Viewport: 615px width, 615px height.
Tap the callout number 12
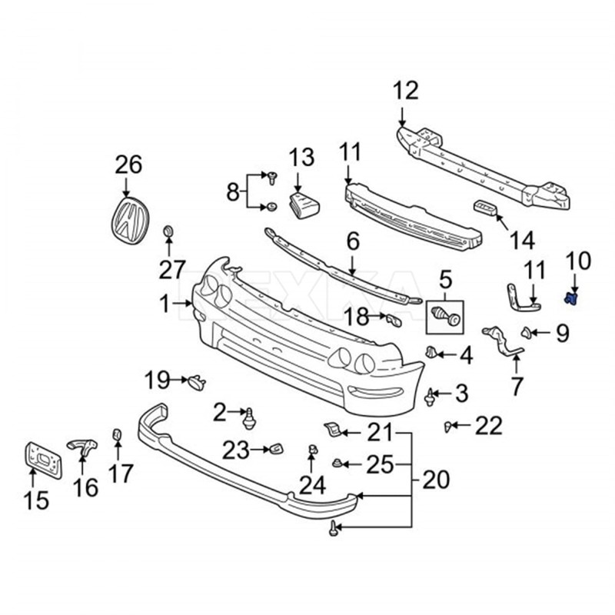coord(406,91)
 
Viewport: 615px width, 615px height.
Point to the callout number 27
coord(172,270)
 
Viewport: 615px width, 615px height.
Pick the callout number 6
coord(353,242)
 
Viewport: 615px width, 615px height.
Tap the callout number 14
coord(521,241)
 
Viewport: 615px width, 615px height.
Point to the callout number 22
coord(489,424)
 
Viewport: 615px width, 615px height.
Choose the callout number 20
coord(436,481)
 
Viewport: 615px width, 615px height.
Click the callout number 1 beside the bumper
coord(164,305)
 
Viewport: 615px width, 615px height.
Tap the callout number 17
coord(121,474)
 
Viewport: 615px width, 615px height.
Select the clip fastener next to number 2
coord(250,417)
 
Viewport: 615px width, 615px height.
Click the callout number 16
coord(86,487)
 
